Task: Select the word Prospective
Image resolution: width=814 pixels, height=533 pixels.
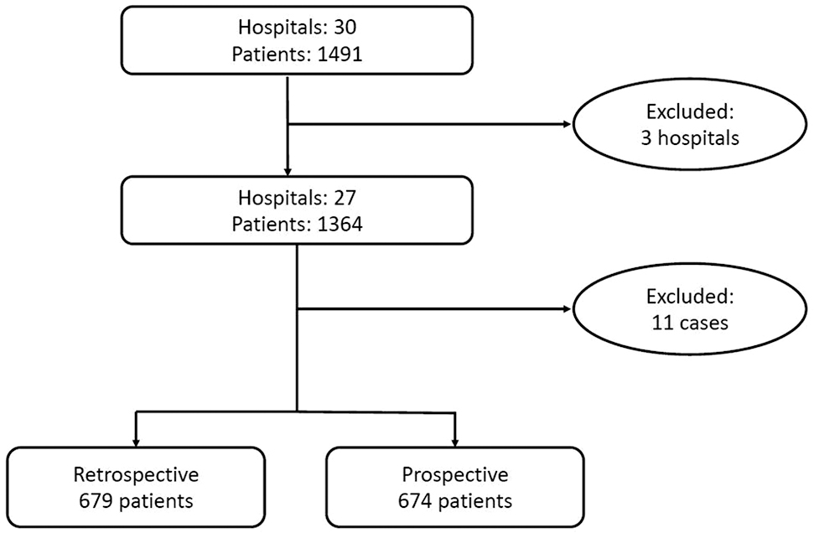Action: (x=454, y=475)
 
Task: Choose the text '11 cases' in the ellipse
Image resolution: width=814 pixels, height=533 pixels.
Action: (x=691, y=323)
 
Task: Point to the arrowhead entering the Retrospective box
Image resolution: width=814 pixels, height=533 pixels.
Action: (x=136, y=440)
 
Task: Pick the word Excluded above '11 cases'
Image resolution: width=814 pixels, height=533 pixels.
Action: (x=691, y=296)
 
